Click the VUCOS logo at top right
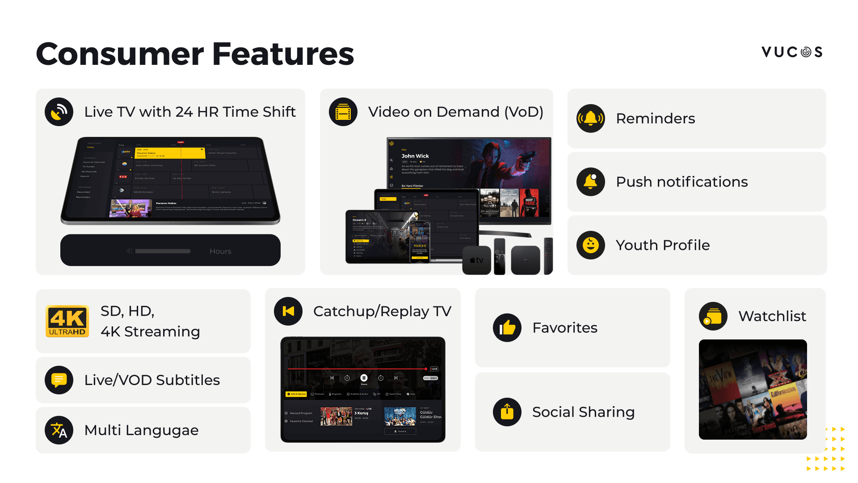click(x=792, y=52)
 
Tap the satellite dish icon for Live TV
click(x=59, y=112)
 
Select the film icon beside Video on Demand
click(x=343, y=112)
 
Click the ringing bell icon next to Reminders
click(x=590, y=119)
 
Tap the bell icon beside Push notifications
click(x=590, y=182)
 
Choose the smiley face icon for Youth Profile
click(x=590, y=245)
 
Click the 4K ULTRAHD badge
click(x=67, y=321)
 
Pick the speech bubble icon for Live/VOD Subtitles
click(x=59, y=380)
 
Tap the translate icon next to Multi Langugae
click(x=59, y=430)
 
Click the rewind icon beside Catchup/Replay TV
click(x=288, y=311)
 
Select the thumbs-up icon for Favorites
click(x=507, y=328)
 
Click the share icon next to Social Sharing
click(x=507, y=412)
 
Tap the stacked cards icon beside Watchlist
click(x=713, y=316)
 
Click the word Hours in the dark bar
click(x=220, y=251)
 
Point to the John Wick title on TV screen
click(x=415, y=156)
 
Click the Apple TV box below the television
click(x=476, y=260)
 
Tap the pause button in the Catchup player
click(x=364, y=378)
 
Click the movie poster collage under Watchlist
click(x=753, y=389)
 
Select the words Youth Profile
click(x=662, y=245)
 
